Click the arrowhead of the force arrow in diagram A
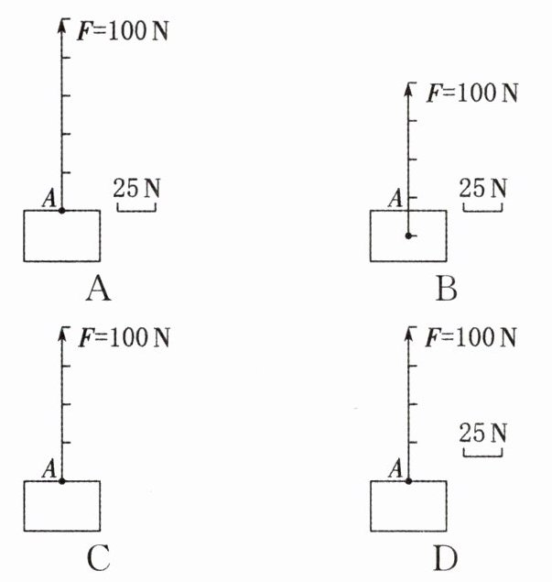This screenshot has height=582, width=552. [61, 24]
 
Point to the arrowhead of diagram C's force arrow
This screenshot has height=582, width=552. [61, 333]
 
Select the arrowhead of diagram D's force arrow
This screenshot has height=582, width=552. [408, 333]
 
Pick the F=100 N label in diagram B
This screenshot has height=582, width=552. [472, 93]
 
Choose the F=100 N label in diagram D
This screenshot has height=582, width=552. [472, 338]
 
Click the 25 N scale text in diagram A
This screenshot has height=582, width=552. [136, 189]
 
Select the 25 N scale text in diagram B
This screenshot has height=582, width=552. [483, 189]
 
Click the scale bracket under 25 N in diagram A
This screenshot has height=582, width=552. [136, 208]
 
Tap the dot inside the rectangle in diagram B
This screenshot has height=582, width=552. [408, 236]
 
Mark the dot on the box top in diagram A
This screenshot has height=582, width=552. [61, 211]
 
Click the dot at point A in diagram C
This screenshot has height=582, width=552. [61, 480]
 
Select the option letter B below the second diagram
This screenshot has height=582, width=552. [446, 291]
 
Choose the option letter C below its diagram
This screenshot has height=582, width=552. [98, 557]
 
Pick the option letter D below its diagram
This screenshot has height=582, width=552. [446, 557]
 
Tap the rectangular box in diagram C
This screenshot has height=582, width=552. [61, 505]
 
